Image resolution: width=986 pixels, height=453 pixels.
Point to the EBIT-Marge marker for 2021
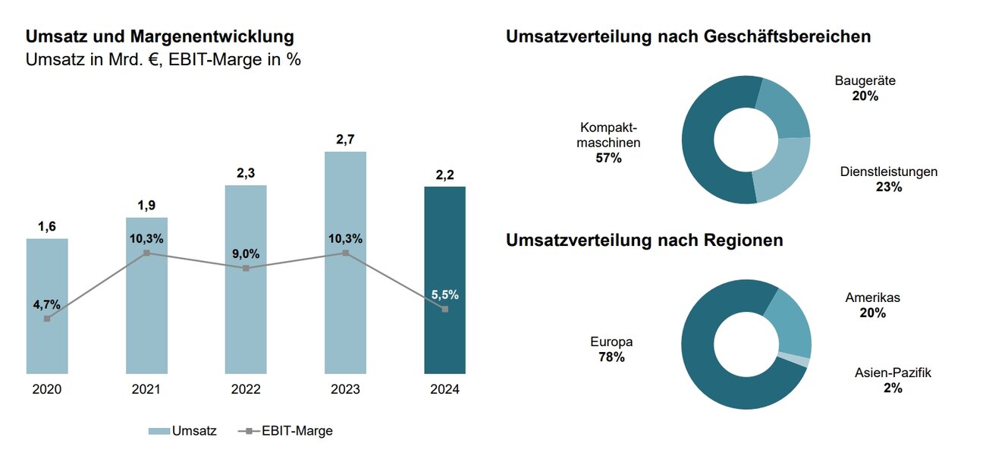(x=146, y=253)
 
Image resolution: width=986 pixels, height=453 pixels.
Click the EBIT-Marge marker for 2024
(x=444, y=309)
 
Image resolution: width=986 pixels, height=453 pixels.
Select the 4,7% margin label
(x=47, y=304)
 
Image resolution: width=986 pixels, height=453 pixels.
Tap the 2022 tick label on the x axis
(x=246, y=390)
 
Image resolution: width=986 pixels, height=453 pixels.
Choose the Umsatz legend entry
(x=182, y=431)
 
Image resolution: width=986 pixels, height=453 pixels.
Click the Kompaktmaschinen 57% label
(x=609, y=143)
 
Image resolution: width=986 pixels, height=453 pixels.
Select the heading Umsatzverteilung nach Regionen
(x=644, y=241)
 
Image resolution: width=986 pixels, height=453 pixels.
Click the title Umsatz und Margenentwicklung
(x=159, y=36)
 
